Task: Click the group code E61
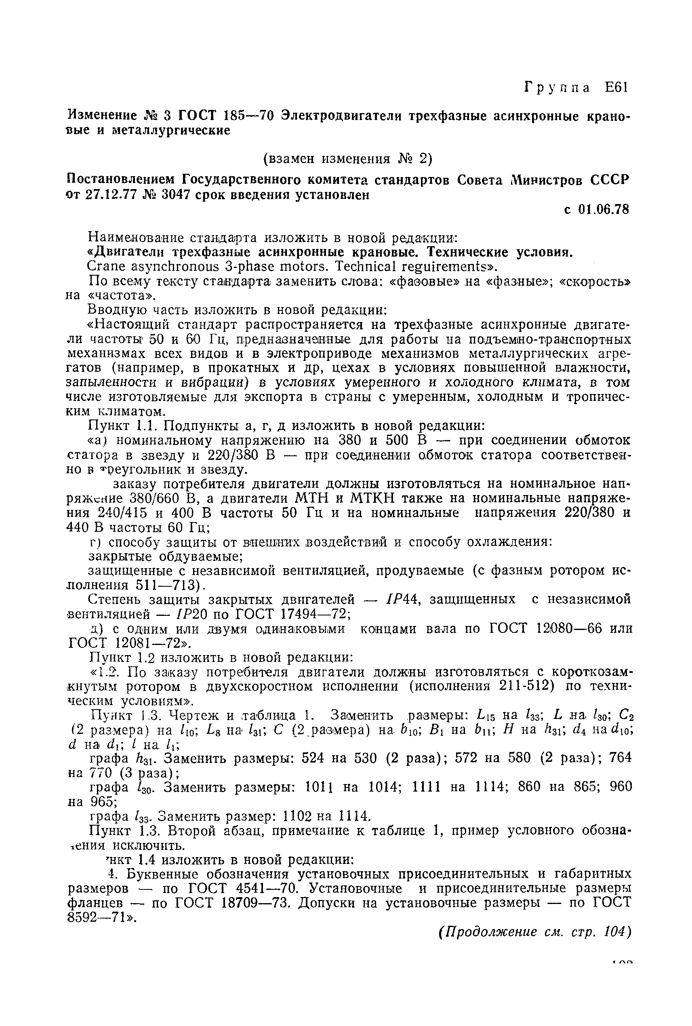coord(615,87)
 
